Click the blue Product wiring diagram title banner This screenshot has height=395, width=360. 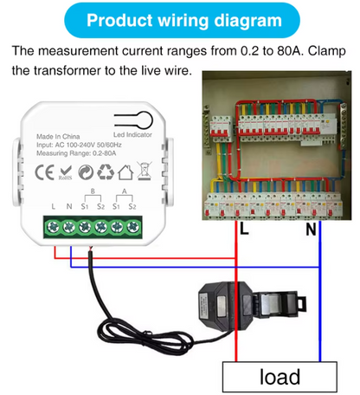[x=179, y=19]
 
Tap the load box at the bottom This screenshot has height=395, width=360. [x=280, y=377]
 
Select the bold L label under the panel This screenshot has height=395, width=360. [x=244, y=231]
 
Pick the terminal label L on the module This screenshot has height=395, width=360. [x=54, y=205]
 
